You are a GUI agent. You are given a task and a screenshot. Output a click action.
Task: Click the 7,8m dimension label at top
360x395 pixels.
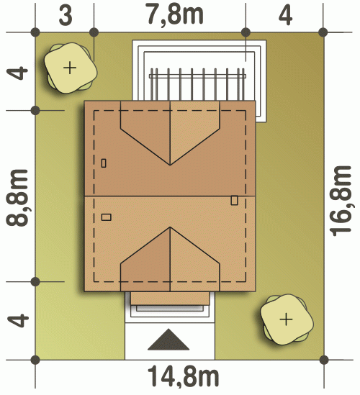[175, 14]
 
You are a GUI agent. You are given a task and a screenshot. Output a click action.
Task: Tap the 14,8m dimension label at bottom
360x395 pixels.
[183, 376]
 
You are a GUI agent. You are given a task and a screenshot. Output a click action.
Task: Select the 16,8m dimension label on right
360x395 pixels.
[341, 201]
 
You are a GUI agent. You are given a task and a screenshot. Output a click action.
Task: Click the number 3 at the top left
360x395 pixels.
[66, 15]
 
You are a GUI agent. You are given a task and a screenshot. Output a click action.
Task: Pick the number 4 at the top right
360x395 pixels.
[285, 15]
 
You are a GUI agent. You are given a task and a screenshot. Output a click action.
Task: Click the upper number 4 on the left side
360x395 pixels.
[17, 73]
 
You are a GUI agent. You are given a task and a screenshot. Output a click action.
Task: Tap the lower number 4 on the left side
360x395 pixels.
[18, 320]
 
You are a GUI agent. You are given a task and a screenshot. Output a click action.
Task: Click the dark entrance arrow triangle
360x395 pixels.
[168, 340]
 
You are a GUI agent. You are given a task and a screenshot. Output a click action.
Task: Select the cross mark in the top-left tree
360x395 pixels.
[70, 68]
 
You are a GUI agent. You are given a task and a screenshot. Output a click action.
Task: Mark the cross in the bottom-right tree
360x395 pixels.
[286, 319]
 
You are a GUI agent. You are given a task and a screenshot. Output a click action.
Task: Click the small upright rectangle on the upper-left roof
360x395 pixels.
[104, 163]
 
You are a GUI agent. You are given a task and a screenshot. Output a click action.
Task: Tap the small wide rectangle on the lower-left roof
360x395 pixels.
[106, 217]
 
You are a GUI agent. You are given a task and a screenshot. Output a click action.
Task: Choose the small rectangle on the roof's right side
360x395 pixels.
[234, 200]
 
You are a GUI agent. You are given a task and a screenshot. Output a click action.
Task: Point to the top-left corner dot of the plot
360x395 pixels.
[35, 32]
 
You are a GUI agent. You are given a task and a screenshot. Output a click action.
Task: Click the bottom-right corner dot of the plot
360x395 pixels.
[324, 360]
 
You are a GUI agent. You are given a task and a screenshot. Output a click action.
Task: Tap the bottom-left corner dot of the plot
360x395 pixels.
[35, 360]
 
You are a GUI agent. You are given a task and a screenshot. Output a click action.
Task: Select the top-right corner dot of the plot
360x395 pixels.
[323, 32]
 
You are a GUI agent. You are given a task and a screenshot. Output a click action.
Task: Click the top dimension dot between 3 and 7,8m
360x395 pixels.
[94, 32]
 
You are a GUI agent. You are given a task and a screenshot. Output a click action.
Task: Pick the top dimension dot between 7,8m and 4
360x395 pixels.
[246, 32]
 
